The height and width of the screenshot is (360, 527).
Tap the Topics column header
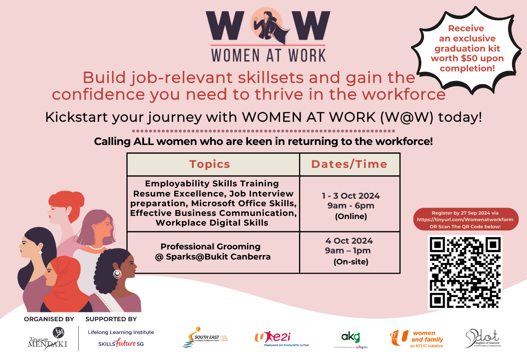[210, 164]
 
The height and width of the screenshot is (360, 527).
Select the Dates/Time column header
[349, 164]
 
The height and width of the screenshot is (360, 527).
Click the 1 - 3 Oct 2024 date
[350, 196]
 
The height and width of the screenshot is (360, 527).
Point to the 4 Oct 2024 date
[349, 241]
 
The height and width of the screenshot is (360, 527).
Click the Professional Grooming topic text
[210, 247]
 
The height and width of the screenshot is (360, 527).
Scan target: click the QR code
[465, 272]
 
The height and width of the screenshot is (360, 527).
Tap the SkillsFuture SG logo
[121, 343]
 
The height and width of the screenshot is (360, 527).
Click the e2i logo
[282, 338]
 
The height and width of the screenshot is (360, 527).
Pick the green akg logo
[350, 338]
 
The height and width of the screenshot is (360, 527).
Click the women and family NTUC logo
[416, 338]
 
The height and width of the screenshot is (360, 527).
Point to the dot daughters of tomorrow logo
[483, 338]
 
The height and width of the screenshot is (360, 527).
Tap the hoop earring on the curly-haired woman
[117, 274]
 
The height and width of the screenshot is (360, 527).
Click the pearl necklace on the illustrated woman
[98, 247]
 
